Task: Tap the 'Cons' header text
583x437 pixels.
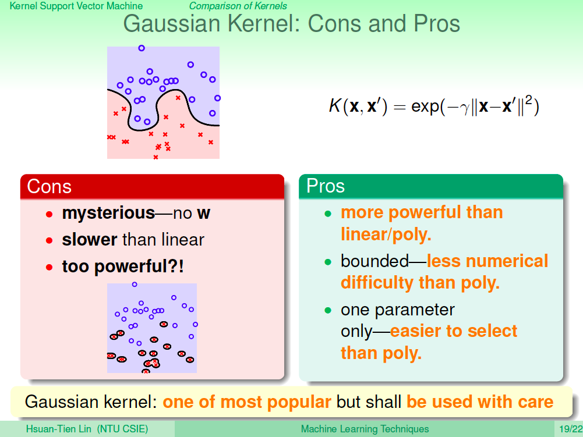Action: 49,186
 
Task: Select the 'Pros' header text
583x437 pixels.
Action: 326,186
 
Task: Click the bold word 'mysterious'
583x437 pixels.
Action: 108,214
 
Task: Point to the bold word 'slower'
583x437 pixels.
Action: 90,240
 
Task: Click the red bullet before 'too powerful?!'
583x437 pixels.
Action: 49,267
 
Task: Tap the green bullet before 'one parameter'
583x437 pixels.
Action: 327,310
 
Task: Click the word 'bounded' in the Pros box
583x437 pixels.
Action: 375,261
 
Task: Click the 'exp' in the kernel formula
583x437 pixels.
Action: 425,107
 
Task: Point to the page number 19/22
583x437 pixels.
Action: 571,429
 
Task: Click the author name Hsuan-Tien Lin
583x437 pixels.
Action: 58,429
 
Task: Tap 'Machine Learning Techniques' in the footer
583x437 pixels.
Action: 365,429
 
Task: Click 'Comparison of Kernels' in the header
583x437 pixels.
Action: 238,6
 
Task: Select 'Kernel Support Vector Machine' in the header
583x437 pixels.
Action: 76,6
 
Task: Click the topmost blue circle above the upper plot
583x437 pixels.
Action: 142,48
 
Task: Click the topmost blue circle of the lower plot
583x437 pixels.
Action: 135,285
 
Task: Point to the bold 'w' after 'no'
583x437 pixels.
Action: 203,214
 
